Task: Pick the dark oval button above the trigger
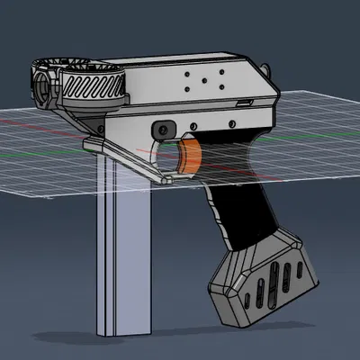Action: [164, 126]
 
